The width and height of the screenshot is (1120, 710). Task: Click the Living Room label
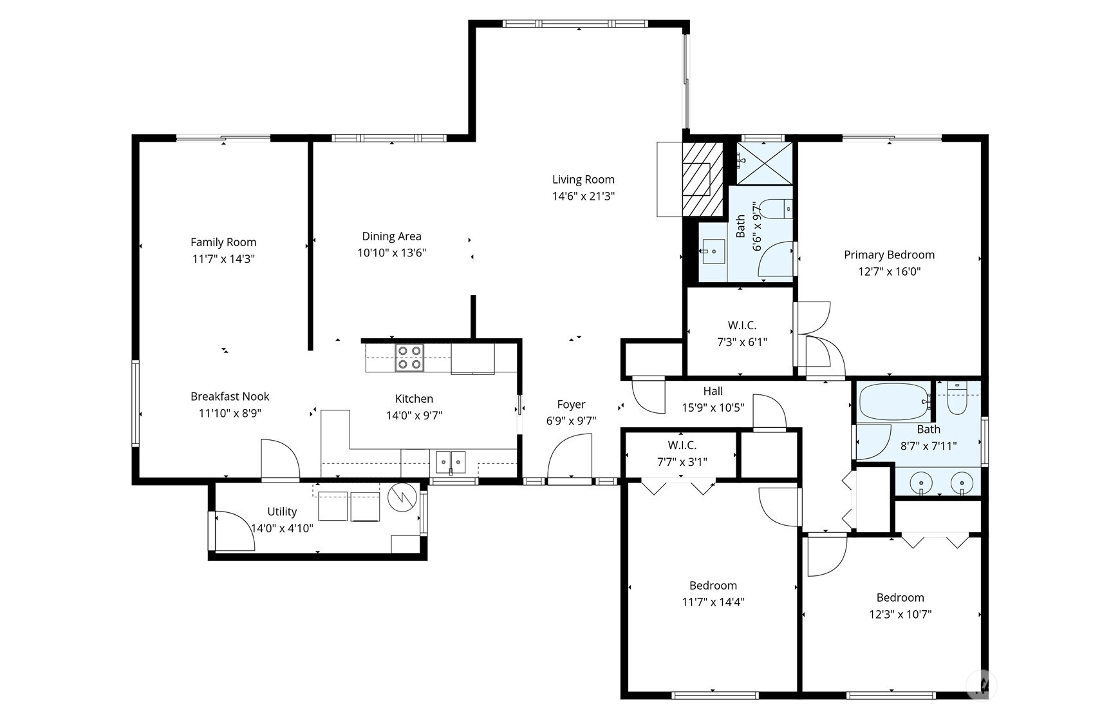(583, 180)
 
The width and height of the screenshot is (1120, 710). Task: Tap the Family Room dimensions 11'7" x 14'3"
(223, 259)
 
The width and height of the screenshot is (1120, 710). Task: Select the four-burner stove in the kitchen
(409, 358)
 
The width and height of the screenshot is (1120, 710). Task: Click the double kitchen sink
(451, 462)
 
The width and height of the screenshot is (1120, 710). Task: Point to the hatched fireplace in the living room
(702, 179)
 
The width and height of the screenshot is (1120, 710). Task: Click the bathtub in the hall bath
(894, 402)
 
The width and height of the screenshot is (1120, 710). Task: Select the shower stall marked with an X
(764, 164)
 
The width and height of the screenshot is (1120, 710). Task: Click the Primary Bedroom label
(890, 255)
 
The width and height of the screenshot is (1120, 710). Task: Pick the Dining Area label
(391, 236)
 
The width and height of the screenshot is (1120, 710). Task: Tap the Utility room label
(282, 512)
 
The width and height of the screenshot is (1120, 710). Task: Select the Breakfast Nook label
(230, 397)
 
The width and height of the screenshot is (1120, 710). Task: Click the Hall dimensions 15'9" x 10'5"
(713, 408)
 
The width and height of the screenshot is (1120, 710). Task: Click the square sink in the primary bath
(713, 251)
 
